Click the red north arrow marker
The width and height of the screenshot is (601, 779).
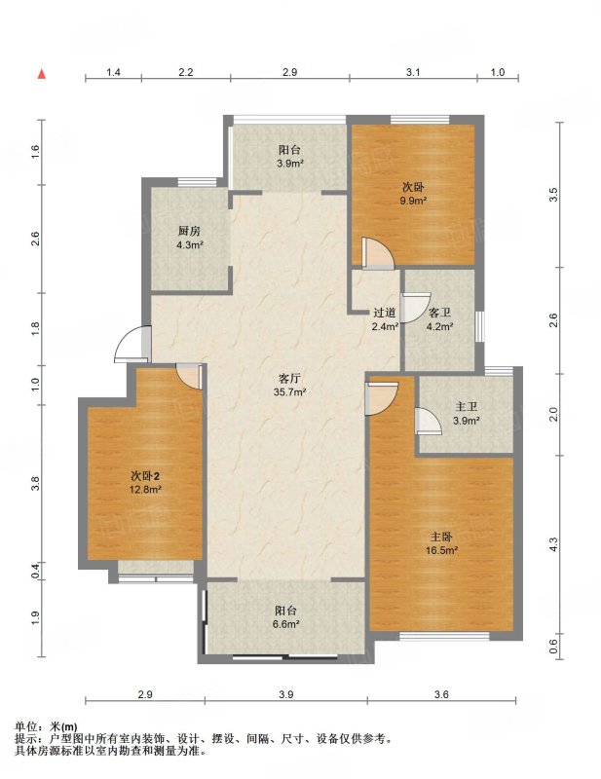(x=42, y=74)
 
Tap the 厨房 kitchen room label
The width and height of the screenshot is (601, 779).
(x=188, y=231)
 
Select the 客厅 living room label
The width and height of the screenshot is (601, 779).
(x=290, y=378)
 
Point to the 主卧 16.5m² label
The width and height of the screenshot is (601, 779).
(x=441, y=543)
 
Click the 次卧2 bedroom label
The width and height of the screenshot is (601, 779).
(x=145, y=476)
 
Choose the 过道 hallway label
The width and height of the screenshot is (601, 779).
(x=385, y=313)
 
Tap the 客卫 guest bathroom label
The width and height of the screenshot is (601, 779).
(x=440, y=313)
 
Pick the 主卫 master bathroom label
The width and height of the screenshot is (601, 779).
(x=467, y=407)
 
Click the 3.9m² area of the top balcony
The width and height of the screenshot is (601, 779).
(x=290, y=163)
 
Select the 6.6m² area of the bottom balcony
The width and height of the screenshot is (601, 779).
(x=285, y=624)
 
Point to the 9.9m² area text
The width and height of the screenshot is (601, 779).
(x=415, y=201)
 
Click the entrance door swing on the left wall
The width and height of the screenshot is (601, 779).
(x=132, y=344)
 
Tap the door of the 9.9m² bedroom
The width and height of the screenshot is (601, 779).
(x=378, y=254)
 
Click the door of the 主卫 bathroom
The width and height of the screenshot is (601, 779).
(x=428, y=422)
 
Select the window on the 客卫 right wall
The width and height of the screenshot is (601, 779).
(x=479, y=326)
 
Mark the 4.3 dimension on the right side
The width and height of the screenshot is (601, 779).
(x=554, y=544)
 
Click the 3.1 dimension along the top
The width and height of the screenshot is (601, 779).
(x=413, y=72)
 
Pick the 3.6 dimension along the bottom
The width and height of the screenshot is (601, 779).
(x=441, y=694)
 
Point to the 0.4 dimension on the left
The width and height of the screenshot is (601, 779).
(x=36, y=571)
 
